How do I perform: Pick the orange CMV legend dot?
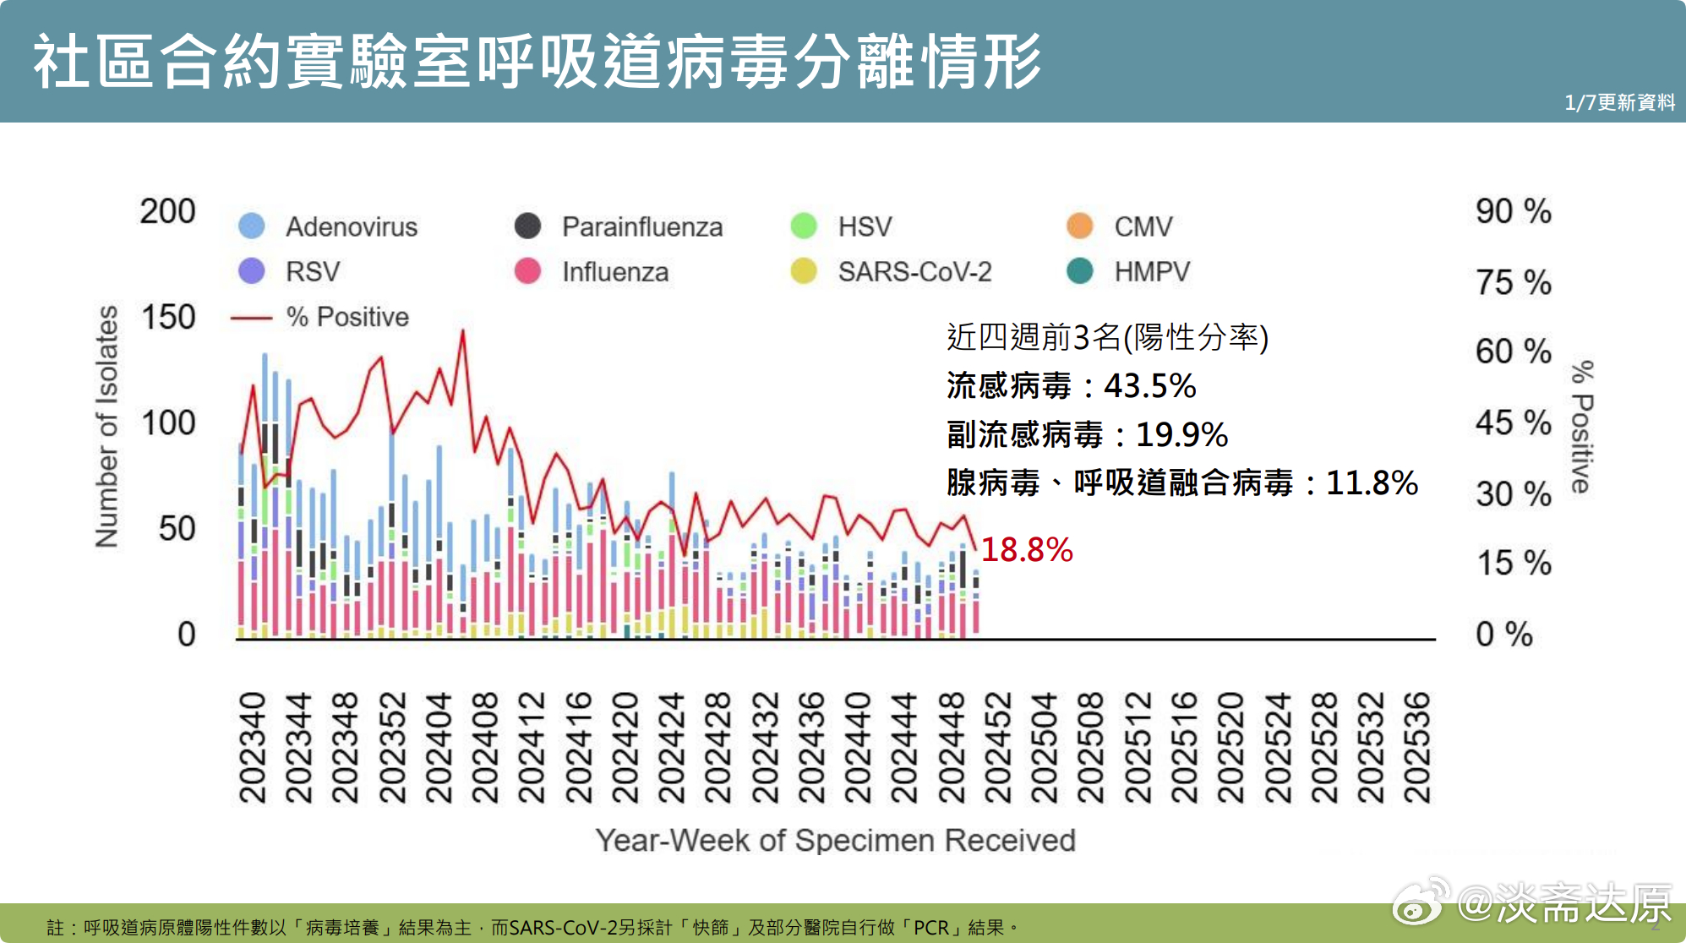click(1080, 226)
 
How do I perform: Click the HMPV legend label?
click(1152, 271)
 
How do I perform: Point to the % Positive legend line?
click(251, 318)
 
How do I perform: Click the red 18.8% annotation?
click(1026, 550)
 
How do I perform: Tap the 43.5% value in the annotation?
click(1149, 386)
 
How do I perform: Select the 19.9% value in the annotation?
click(1181, 434)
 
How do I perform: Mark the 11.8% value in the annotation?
click(1372, 483)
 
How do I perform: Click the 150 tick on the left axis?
click(168, 318)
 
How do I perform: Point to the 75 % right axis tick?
click(1513, 282)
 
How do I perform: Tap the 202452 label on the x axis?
click(998, 748)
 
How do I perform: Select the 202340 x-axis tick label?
click(252, 748)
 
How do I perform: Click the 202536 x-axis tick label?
click(1417, 748)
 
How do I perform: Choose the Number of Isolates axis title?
click(106, 427)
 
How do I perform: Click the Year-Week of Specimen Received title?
click(835, 841)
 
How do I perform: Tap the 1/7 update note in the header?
click(1619, 102)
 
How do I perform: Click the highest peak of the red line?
click(462, 330)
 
